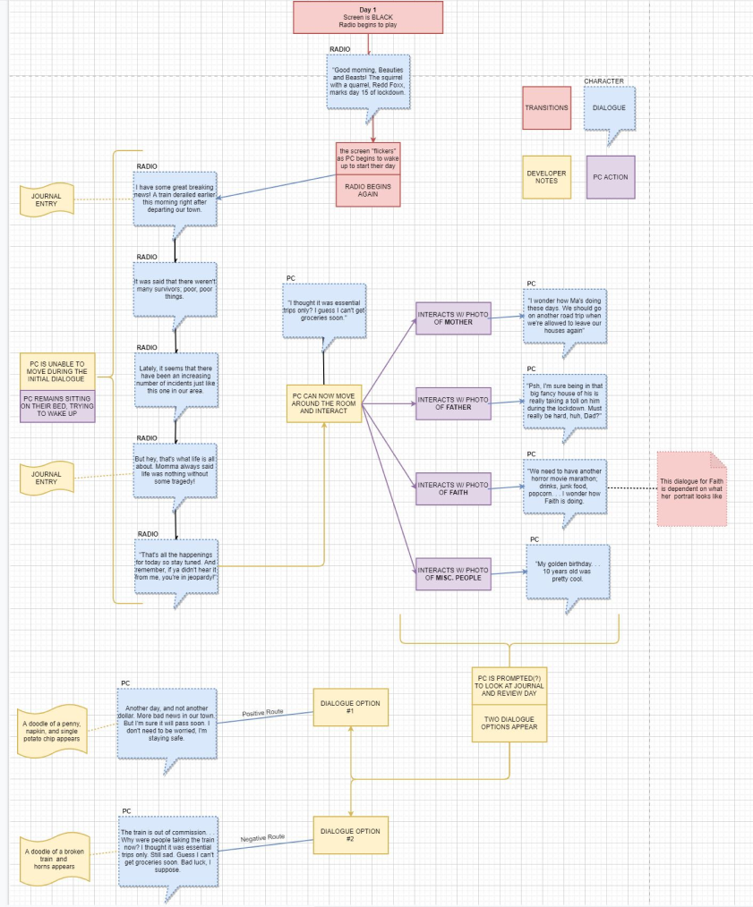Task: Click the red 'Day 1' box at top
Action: (368, 17)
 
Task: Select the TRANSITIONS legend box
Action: (546, 108)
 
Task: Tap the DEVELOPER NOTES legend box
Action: (546, 176)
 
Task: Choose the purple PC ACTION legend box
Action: (611, 176)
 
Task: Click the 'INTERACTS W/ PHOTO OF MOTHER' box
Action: (453, 318)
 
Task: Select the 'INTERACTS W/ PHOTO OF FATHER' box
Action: (453, 403)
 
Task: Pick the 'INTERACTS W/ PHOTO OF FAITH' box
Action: (453, 488)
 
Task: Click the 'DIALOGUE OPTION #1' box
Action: (350, 708)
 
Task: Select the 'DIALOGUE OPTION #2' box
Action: (350, 835)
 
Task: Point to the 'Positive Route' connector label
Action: (262, 713)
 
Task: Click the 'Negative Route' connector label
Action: (262, 837)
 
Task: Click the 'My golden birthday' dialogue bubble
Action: (568, 570)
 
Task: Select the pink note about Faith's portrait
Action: (691, 487)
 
